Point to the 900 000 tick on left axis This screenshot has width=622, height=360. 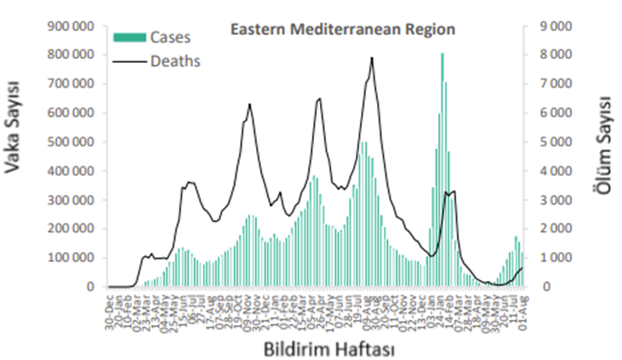click(x=70, y=26)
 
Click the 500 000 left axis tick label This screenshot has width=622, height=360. click(x=70, y=142)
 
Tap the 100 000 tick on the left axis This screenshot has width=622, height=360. click(x=70, y=258)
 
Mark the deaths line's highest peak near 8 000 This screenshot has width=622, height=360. click(x=372, y=59)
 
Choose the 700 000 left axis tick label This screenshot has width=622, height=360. click(x=70, y=84)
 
